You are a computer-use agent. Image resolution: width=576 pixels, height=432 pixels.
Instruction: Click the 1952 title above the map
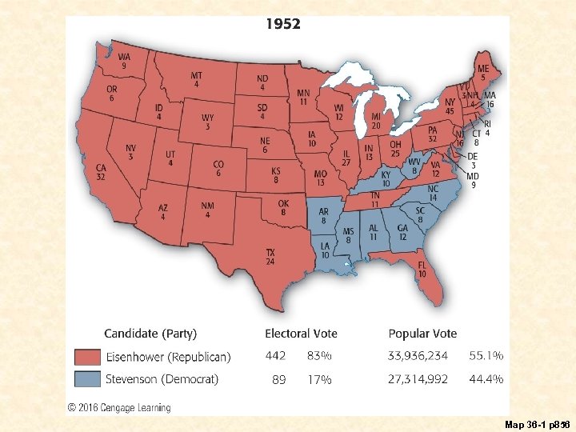click(283, 24)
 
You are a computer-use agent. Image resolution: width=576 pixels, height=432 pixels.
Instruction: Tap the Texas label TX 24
click(270, 257)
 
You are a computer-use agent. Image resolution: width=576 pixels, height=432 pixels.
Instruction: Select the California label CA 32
click(101, 173)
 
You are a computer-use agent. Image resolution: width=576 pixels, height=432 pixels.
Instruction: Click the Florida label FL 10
click(421, 269)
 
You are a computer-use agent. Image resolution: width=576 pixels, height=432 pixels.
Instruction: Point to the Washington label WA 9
click(125, 61)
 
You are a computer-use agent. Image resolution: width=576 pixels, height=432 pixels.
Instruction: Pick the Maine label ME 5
click(483, 73)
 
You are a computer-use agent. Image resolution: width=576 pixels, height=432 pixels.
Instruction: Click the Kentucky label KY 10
click(386, 178)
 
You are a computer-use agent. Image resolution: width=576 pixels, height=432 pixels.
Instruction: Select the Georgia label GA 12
click(402, 232)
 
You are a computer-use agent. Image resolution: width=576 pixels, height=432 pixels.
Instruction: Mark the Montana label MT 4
click(196, 80)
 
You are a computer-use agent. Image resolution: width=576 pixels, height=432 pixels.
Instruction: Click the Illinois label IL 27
click(346, 158)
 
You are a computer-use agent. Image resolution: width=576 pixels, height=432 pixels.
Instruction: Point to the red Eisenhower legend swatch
click(87, 356)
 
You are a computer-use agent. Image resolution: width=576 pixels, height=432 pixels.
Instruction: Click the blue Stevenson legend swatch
click(87, 379)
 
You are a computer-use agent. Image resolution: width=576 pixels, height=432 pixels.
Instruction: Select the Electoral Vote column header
click(301, 334)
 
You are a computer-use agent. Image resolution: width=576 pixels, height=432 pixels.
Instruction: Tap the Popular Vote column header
click(422, 334)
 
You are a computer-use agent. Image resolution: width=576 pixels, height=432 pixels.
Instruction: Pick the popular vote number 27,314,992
click(418, 379)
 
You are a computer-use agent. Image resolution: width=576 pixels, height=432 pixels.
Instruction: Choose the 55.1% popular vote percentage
click(486, 356)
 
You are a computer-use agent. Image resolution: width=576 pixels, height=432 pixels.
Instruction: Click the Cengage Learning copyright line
click(120, 407)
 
